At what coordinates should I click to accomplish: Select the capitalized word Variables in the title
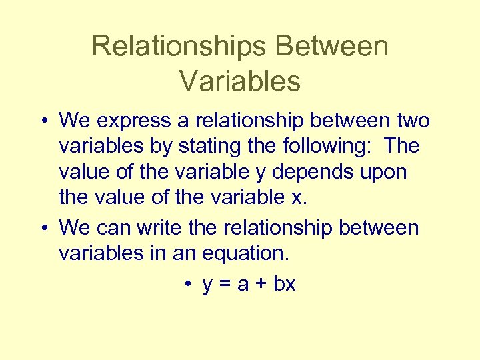pyautogui.click(x=240, y=81)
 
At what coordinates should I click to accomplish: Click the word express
pyautogui.click(x=127, y=121)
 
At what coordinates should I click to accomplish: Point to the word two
pyautogui.click(x=412, y=121)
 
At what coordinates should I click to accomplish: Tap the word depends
pyautogui.click(x=310, y=172)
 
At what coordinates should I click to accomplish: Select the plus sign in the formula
pyautogui.click(x=260, y=285)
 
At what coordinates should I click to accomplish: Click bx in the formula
pyautogui.click(x=285, y=283)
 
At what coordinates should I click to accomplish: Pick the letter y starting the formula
pyautogui.click(x=207, y=286)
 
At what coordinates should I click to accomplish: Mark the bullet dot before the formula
pyautogui.click(x=189, y=285)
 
